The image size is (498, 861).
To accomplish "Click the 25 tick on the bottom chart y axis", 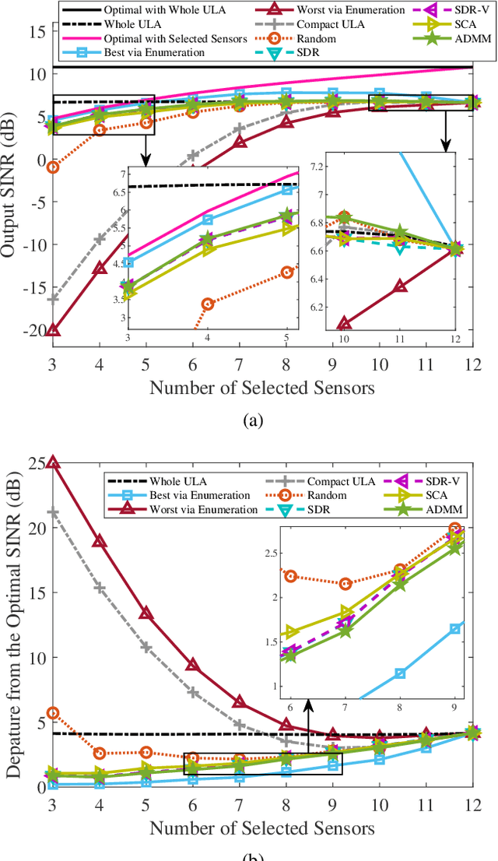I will click(37, 462).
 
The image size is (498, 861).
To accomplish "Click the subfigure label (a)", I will click(254, 421).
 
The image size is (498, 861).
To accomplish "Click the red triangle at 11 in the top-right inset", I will click(399, 286).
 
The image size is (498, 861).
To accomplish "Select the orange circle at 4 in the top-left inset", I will click(207, 304).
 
